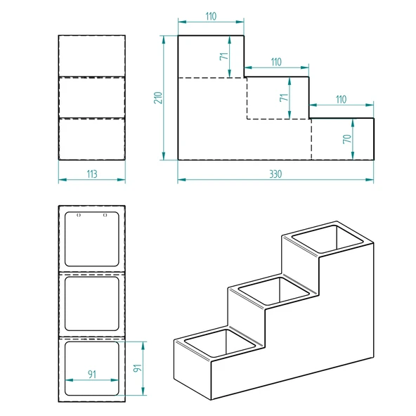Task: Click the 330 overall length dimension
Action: point(275,174)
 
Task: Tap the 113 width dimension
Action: point(91,174)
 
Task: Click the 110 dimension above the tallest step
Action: point(210,15)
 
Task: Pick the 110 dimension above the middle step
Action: point(275,62)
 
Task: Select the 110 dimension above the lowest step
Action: point(341,99)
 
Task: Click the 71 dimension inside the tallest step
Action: point(224,56)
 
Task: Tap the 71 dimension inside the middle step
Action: point(284,98)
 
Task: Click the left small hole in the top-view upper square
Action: point(78,215)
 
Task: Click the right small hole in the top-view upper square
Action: point(105,215)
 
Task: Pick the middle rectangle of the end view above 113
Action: point(91,97)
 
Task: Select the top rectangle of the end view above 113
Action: point(91,56)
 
